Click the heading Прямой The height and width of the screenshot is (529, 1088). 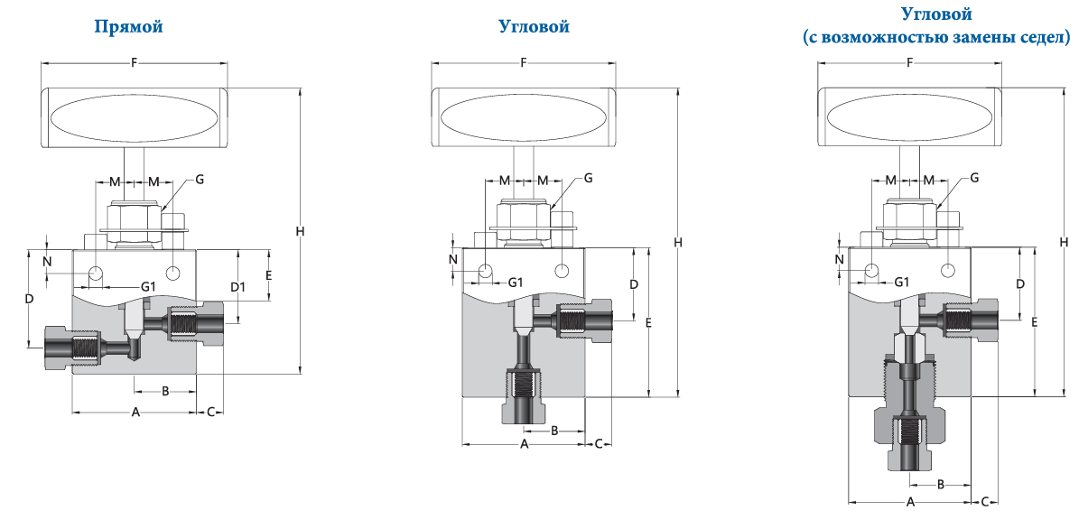(128, 27)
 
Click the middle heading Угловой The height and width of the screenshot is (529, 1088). (534, 26)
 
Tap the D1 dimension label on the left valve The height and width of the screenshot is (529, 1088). (238, 287)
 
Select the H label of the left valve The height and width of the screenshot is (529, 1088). (300, 231)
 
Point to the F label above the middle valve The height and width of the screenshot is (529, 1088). (523, 62)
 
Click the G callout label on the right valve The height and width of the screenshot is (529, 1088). (974, 178)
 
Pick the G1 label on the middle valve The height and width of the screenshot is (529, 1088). (516, 283)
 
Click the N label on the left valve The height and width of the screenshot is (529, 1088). (47, 262)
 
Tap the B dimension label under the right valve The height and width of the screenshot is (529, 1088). (941, 484)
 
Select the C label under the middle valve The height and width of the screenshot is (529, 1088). (599, 443)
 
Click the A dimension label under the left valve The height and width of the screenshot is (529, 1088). (135, 413)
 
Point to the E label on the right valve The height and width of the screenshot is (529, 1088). (1034, 322)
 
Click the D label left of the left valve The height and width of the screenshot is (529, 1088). (29, 299)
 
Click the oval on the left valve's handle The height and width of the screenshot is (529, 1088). (134, 118)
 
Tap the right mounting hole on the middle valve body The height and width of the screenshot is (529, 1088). (562, 271)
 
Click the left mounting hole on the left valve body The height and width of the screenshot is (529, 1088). (96, 273)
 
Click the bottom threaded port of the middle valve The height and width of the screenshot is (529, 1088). (524, 395)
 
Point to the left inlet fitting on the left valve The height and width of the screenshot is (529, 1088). (73, 348)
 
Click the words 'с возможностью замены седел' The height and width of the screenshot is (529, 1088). (936, 37)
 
